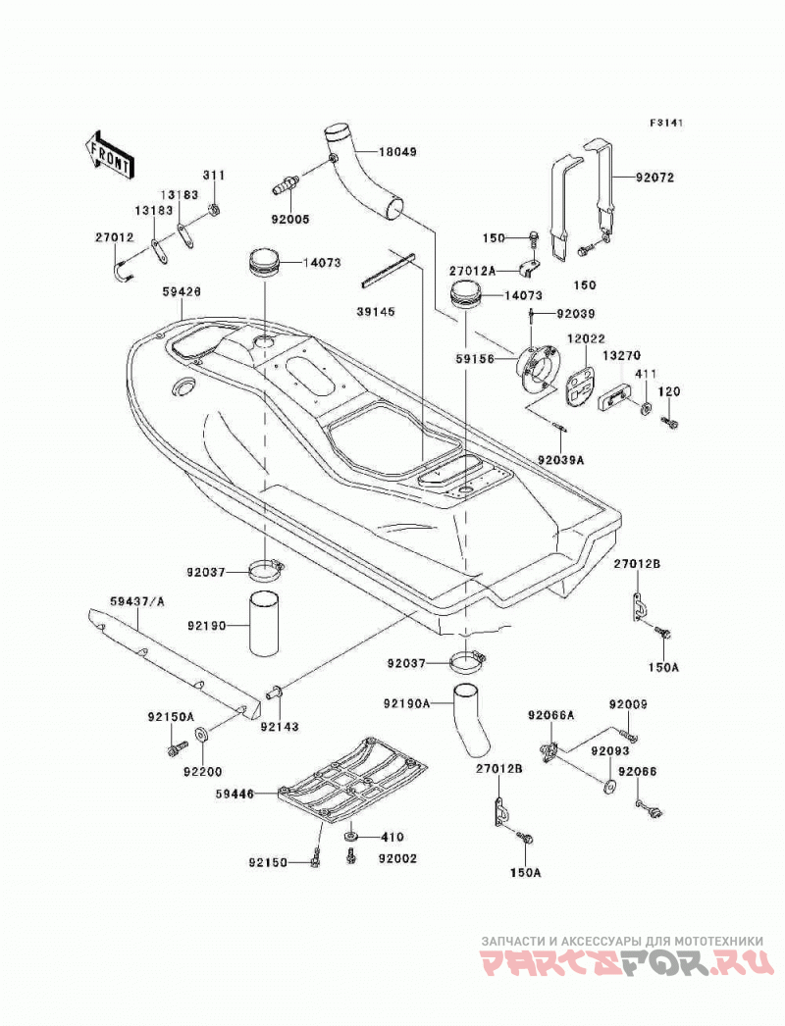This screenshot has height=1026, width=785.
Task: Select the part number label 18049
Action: tap(397, 152)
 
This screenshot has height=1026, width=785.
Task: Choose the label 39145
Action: tap(376, 312)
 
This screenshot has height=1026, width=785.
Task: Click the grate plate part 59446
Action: tap(353, 778)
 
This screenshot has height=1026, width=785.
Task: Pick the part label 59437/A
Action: tap(136, 600)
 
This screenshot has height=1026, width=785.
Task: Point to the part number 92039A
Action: tap(561, 460)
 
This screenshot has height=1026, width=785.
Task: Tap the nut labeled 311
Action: tap(214, 210)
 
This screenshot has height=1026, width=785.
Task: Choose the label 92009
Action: tap(628, 704)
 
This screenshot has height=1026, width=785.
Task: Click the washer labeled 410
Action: tap(351, 837)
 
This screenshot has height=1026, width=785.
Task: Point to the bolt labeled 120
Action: tap(670, 423)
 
